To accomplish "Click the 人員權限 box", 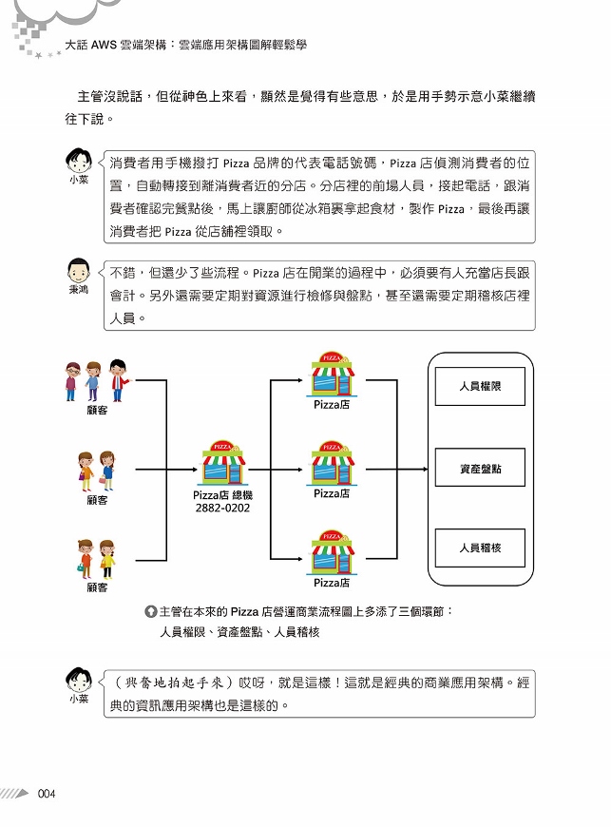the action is point(480,386).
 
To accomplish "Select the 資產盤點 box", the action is point(480,468).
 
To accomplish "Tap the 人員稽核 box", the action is point(480,548).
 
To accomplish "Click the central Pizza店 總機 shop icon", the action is point(223,463).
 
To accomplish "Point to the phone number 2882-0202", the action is point(222,508).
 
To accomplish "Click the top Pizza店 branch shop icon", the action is point(332,374).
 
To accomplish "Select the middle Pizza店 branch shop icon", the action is point(332,463).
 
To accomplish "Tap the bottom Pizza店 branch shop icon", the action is point(332,552).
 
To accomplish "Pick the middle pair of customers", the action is point(97,471).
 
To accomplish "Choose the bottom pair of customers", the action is point(97,559).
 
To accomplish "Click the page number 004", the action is point(47,793).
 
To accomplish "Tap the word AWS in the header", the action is point(104,45).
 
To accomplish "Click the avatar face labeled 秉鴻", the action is point(79,271).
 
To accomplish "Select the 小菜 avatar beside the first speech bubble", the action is point(79,161).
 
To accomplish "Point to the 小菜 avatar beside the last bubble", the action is point(79,680).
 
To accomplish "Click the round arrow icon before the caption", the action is point(150,611).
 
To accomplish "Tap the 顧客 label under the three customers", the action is point(97,410).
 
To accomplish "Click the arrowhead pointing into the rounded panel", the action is point(424,469).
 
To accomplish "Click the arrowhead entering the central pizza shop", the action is point(194,469).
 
